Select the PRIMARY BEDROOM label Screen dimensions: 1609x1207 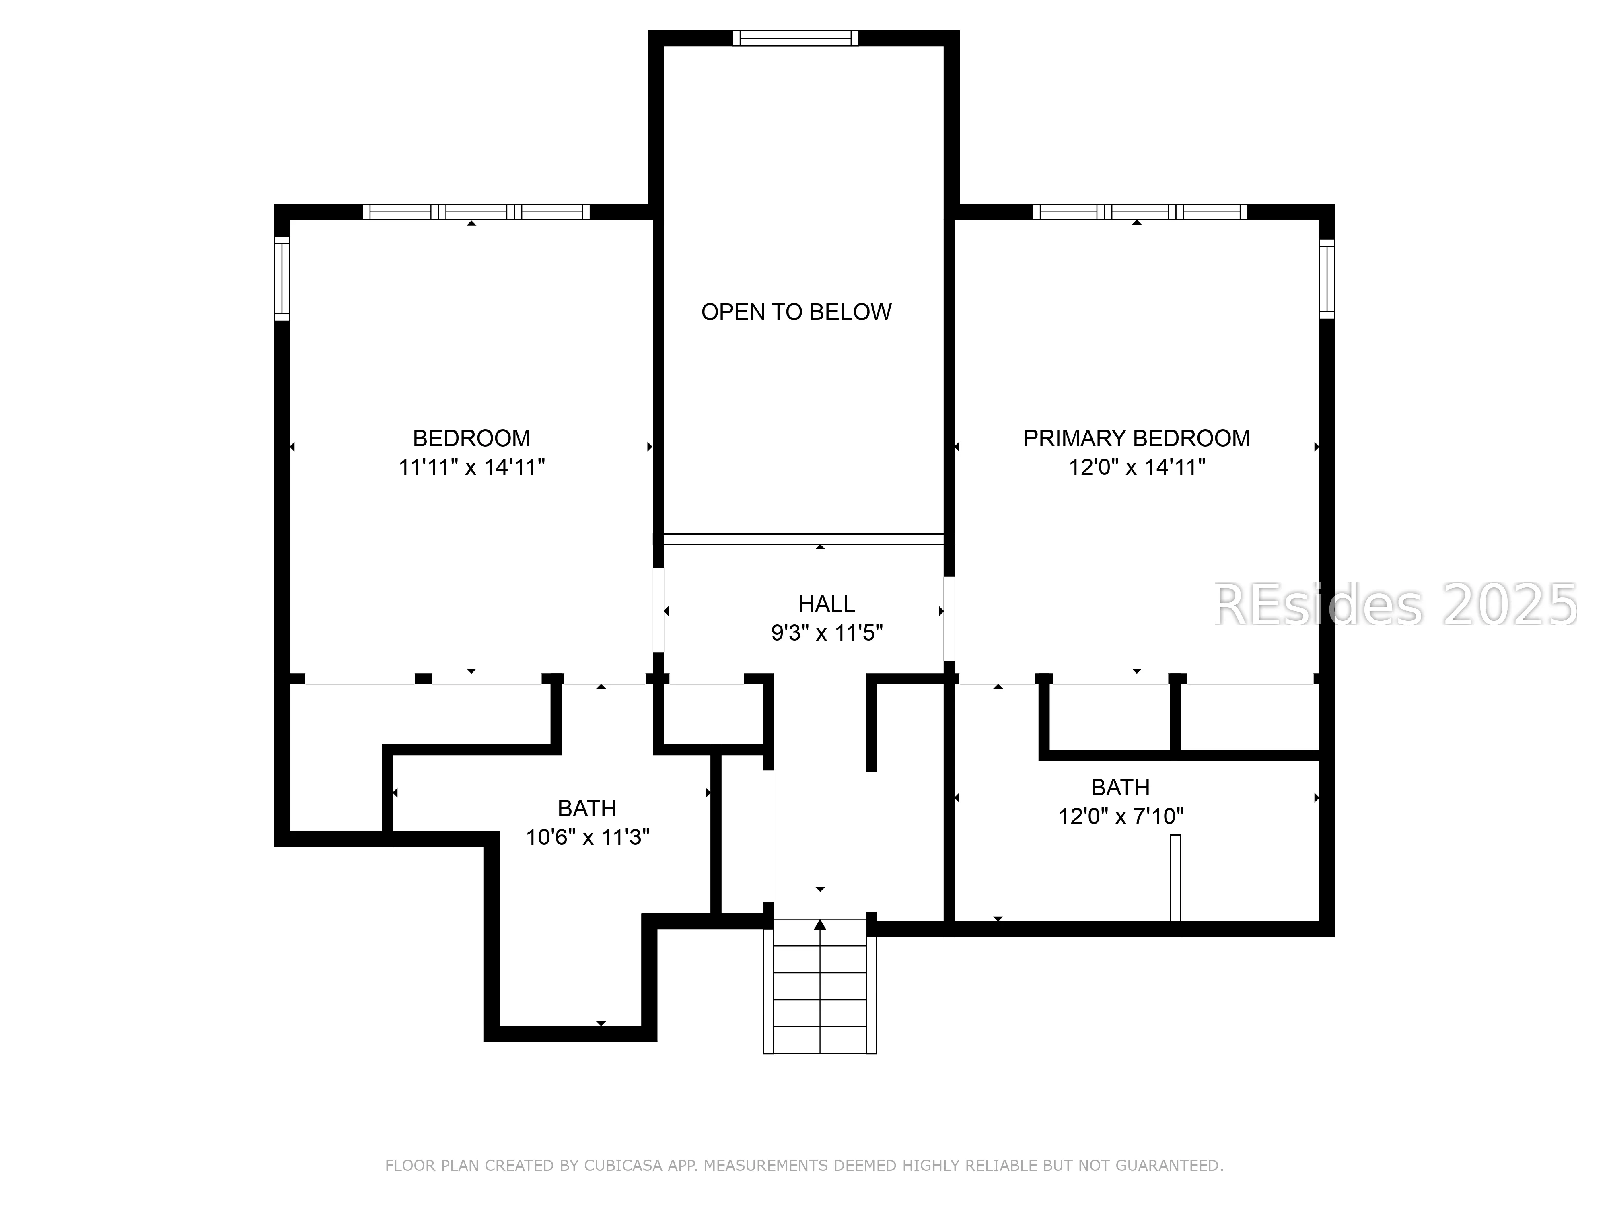click(1136, 438)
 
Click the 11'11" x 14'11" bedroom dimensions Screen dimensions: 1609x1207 click(471, 467)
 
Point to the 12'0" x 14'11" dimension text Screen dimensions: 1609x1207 click(1136, 467)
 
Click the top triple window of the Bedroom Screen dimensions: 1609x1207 click(476, 212)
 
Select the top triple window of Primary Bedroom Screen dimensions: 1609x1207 click(1140, 212)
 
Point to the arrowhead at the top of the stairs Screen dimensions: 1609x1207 click(820, 925)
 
